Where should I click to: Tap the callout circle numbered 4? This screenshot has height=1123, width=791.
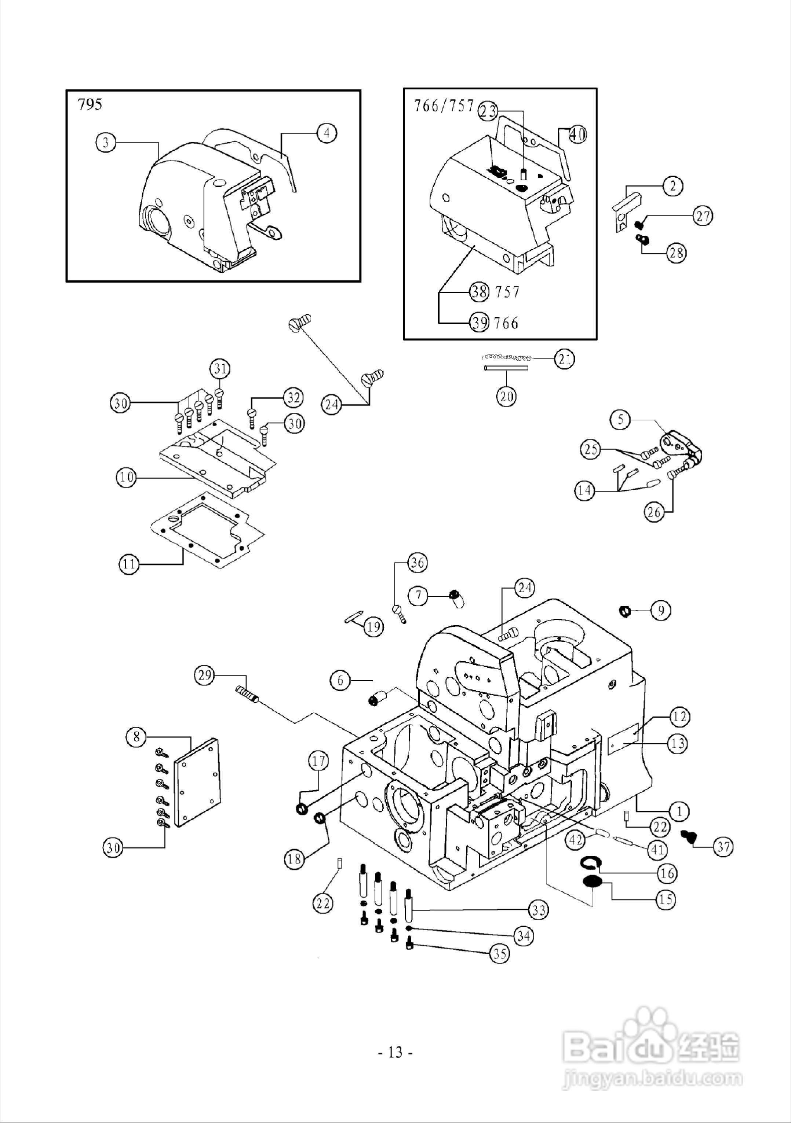tap(327, 133)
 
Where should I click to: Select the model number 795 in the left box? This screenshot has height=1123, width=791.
tap(90, 105)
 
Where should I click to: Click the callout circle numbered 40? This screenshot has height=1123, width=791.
tap(577, 134)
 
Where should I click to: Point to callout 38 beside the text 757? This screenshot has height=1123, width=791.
tap(479, 292)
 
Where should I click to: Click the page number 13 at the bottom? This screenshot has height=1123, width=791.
tap(395, 1052)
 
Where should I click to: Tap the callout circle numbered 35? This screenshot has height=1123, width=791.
tap(500, 954)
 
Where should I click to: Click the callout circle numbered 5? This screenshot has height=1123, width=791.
tap(621, 420)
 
